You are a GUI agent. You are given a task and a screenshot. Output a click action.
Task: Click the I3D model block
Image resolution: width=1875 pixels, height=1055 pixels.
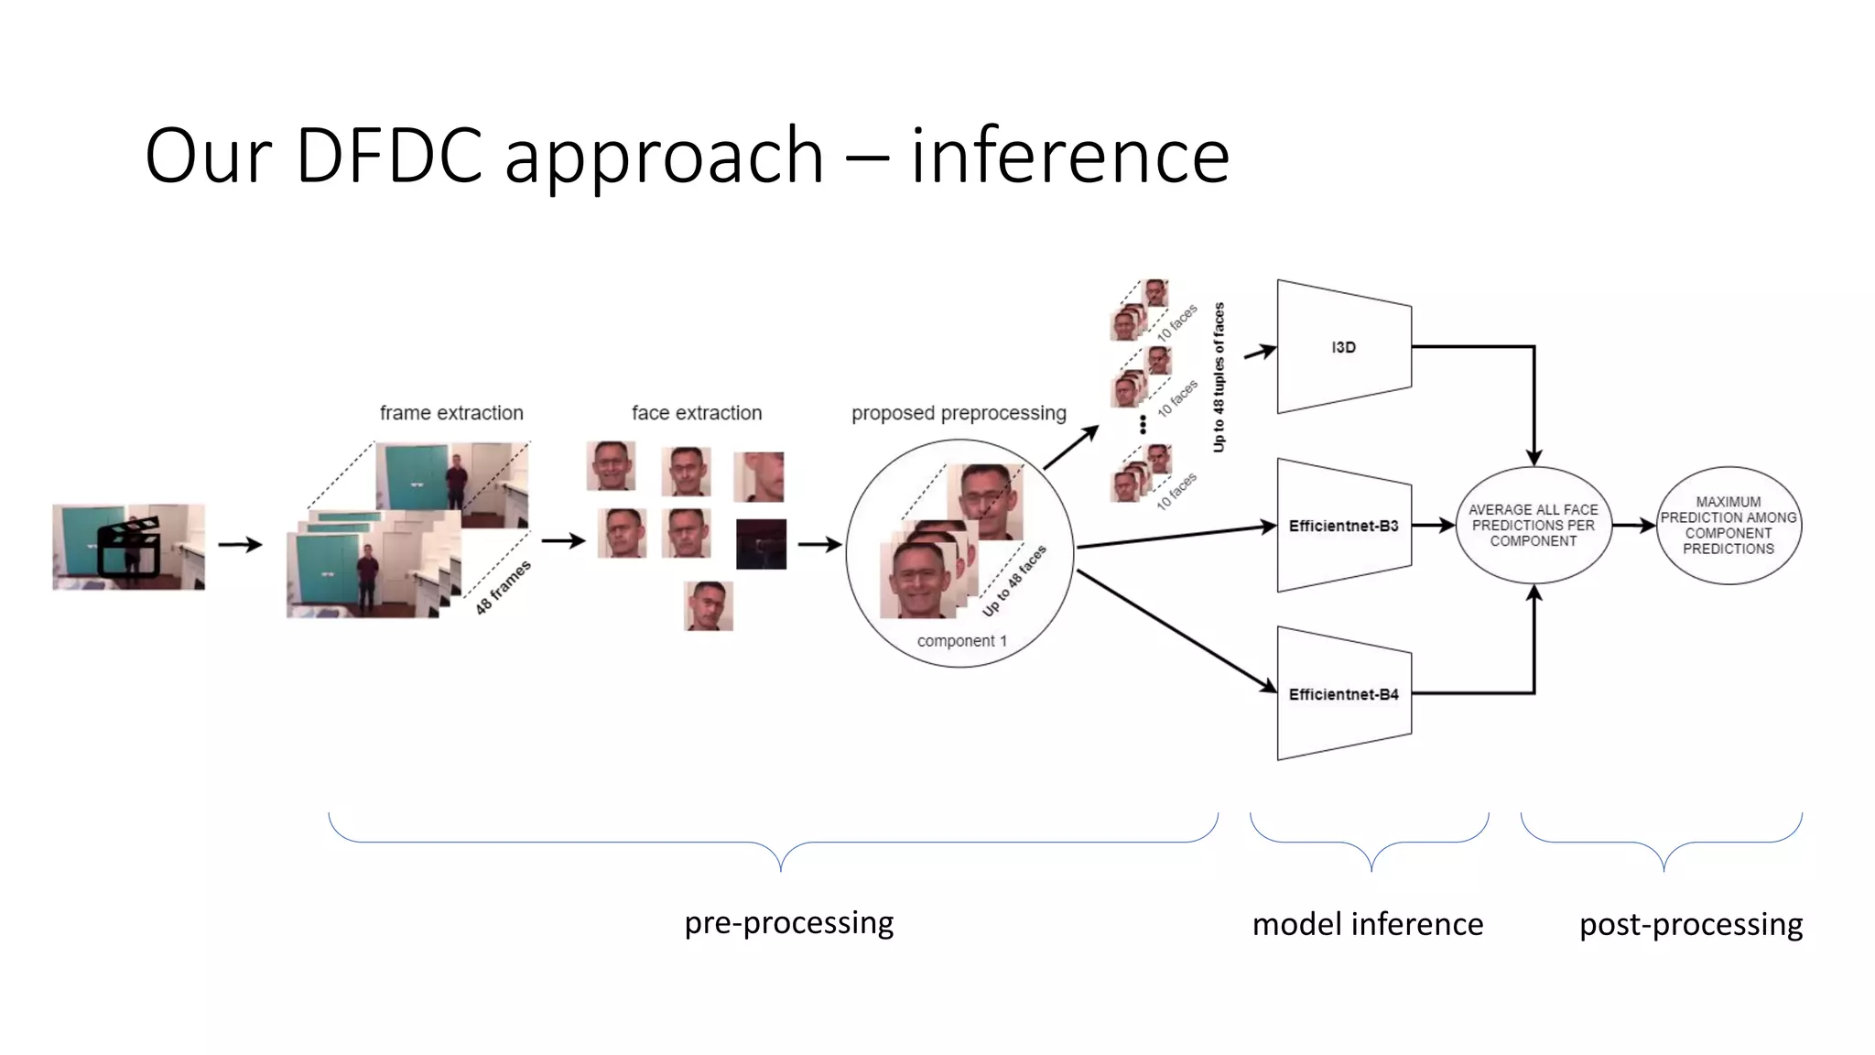pos(1343,347)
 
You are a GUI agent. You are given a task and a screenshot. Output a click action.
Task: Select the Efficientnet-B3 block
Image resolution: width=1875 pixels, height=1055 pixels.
pos(1343,526)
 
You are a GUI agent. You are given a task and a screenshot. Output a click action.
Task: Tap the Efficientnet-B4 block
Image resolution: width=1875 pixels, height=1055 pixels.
pos(1343,694)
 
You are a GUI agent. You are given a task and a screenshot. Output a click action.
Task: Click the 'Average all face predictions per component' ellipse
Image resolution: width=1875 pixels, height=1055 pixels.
pos(1534,526)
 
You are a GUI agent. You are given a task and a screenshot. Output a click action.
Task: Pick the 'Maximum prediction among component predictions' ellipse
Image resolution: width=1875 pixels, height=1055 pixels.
pos(1729,526)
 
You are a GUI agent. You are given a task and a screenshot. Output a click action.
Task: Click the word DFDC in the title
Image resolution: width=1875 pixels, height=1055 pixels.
pos(389,156)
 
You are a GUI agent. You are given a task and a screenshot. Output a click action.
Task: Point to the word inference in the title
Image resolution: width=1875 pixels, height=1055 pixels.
pos(1069,156)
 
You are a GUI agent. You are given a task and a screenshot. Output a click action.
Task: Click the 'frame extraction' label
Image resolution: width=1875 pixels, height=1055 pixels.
pos(451,413)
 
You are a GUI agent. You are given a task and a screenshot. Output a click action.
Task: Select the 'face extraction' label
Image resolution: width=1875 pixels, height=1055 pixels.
pos(697,413)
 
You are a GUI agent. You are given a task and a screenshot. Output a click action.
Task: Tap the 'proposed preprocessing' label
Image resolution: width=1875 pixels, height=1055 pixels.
pos(959,413)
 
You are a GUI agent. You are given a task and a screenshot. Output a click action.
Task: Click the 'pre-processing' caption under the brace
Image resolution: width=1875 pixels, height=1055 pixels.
pos(789,922)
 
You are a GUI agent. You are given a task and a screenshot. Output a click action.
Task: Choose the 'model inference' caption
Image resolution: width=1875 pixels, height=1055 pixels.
pos(1368,924)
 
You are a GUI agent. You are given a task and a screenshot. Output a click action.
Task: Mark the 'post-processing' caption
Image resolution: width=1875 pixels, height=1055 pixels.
pos(1691,924)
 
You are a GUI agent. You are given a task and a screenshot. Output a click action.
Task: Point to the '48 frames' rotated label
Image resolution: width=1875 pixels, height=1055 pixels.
pos(504,587)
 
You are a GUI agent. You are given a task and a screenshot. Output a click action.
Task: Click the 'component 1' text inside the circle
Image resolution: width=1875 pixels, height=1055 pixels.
pos(961,641)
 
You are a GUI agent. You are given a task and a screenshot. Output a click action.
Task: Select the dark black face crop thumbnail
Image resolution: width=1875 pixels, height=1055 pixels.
pos(761,544)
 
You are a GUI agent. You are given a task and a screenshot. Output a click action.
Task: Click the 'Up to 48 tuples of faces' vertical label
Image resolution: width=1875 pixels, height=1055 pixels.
pos(1219,377)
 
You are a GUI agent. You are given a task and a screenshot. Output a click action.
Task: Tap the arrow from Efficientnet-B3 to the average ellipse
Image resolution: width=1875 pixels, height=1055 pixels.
pos(1434,526)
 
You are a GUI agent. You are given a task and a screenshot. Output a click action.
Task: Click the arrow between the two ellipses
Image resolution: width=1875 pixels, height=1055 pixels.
pos(1634,526)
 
